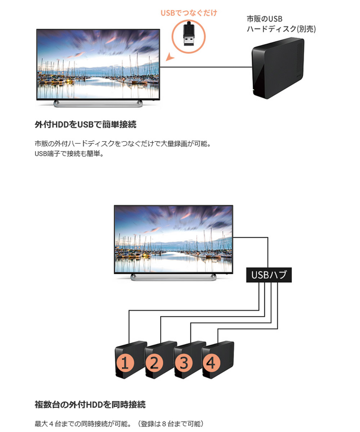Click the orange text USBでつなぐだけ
click(x=189, y=13)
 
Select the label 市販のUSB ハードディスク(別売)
click(x=281, y=24)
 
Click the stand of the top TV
click(x=98, y=104)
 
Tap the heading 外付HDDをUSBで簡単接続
click(x=85, y=125)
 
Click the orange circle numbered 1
click(x=125, y=363)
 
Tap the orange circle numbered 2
click(x=154, y=363)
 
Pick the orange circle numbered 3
click(x=184, y=363)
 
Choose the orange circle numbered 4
click(x=211, y=363)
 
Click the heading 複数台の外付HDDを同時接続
click(x=90, y=404)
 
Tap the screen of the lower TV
click(x=173, y=238)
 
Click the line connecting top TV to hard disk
click(x=205, y=67)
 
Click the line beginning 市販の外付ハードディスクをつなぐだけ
click(x=122, y=144)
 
